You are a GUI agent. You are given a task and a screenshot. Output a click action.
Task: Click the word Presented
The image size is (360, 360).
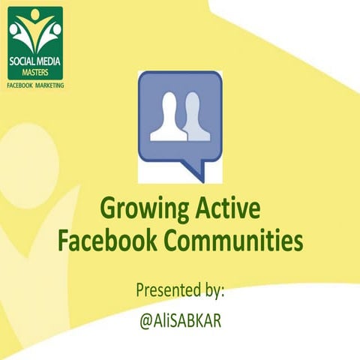164,289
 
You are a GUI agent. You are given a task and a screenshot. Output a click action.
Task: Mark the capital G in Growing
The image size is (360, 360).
107,206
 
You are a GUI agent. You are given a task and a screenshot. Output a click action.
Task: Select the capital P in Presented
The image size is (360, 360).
139,289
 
